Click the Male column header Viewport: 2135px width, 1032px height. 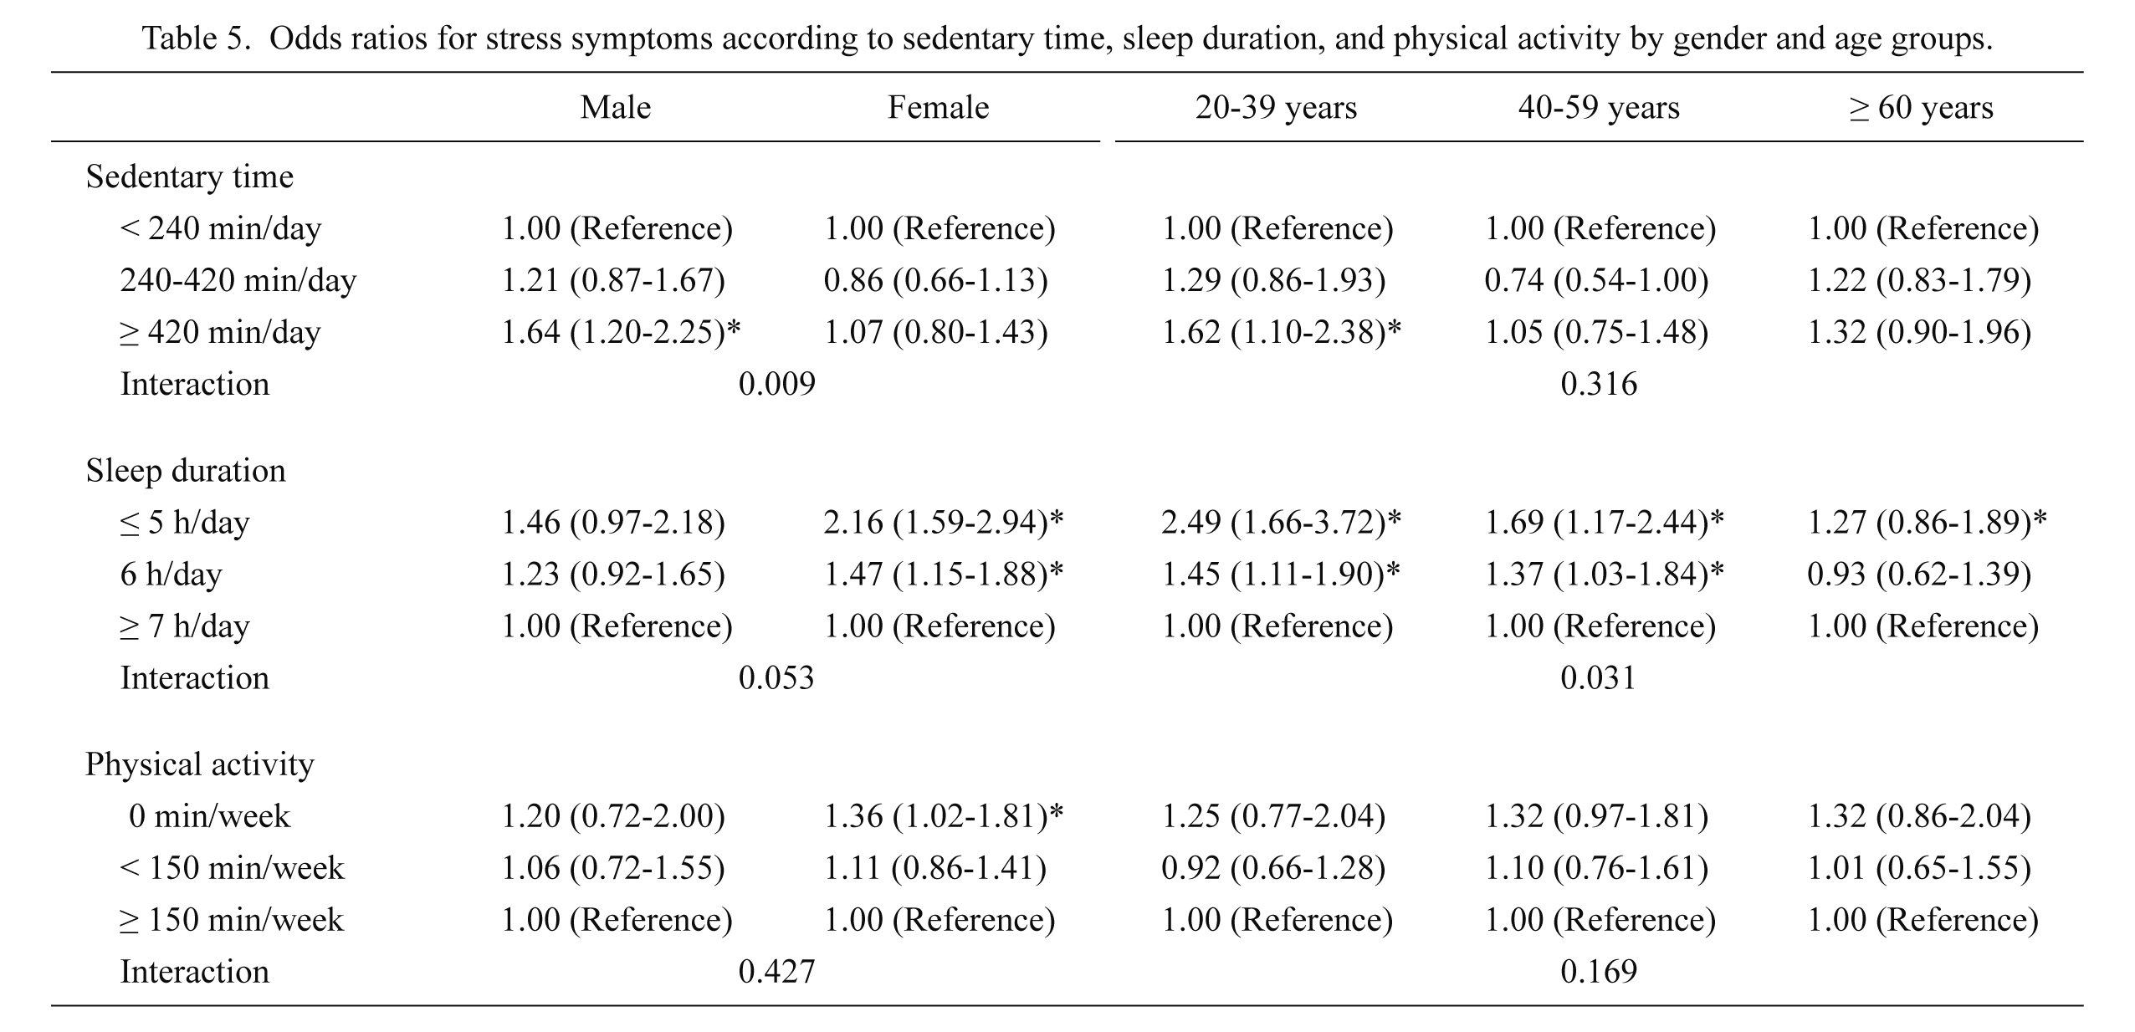(x=616, y=108)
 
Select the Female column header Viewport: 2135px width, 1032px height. (x=939, y=108)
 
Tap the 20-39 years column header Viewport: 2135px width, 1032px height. (x=1276, y=108)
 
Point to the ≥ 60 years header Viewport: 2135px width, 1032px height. (x=1921, y=108)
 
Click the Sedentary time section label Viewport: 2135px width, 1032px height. (x=190, y=176)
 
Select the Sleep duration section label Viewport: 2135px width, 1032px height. (x=186, y=471)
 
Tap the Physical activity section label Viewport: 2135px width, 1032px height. (x=200, y=764)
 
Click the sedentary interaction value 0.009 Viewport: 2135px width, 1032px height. (x=777, y=384)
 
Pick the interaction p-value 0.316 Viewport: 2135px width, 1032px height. (x=1599, y=384)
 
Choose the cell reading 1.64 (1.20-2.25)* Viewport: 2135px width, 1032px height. (x=621, y=332)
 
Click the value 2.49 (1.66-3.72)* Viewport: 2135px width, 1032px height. (x=1282, y=523)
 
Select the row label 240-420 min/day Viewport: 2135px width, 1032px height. (x=238, y=280)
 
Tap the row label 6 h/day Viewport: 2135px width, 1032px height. (x=172, y=575)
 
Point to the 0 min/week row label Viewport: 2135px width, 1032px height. (x=209, y=816)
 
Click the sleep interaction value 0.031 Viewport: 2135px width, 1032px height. (x=1598, y=678)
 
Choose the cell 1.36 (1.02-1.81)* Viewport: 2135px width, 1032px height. (x=944, y=816)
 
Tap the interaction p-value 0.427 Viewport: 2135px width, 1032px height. (x=777, y=972)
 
